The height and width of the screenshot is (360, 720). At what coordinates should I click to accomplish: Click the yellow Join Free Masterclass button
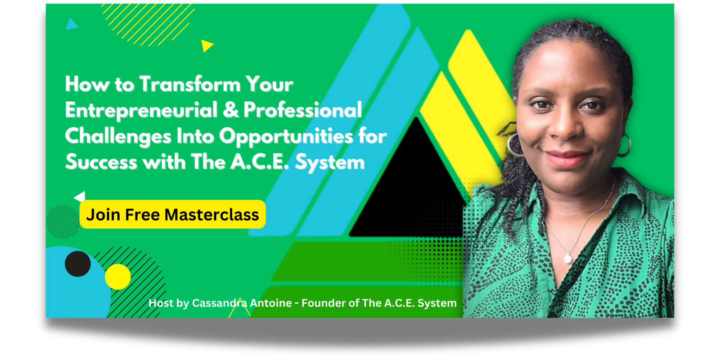tap(173, 214)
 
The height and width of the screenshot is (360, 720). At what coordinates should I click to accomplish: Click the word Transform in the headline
tap(190, 84)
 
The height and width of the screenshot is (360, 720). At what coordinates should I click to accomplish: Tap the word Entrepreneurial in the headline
tap(141, 110)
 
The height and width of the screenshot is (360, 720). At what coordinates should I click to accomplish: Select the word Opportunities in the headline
tap(286, 136)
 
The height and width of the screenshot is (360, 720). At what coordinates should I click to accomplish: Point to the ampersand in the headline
tap(231, 110)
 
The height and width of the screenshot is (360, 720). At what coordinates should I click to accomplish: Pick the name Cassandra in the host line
tap(220, 303)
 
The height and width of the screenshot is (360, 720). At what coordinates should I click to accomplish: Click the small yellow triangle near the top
tap(207, 45)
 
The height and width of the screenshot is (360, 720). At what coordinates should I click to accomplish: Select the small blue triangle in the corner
tap(71, 24)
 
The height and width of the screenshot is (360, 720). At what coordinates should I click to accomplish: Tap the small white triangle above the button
tap(81, 196)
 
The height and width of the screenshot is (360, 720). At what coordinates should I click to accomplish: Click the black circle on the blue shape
tap(78, 264)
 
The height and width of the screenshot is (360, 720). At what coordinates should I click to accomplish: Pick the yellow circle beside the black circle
tap(117, 277)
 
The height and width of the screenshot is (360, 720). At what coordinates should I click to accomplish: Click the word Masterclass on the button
tap(211, 215)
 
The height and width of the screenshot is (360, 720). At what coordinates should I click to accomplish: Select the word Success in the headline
tap(101, 162)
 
